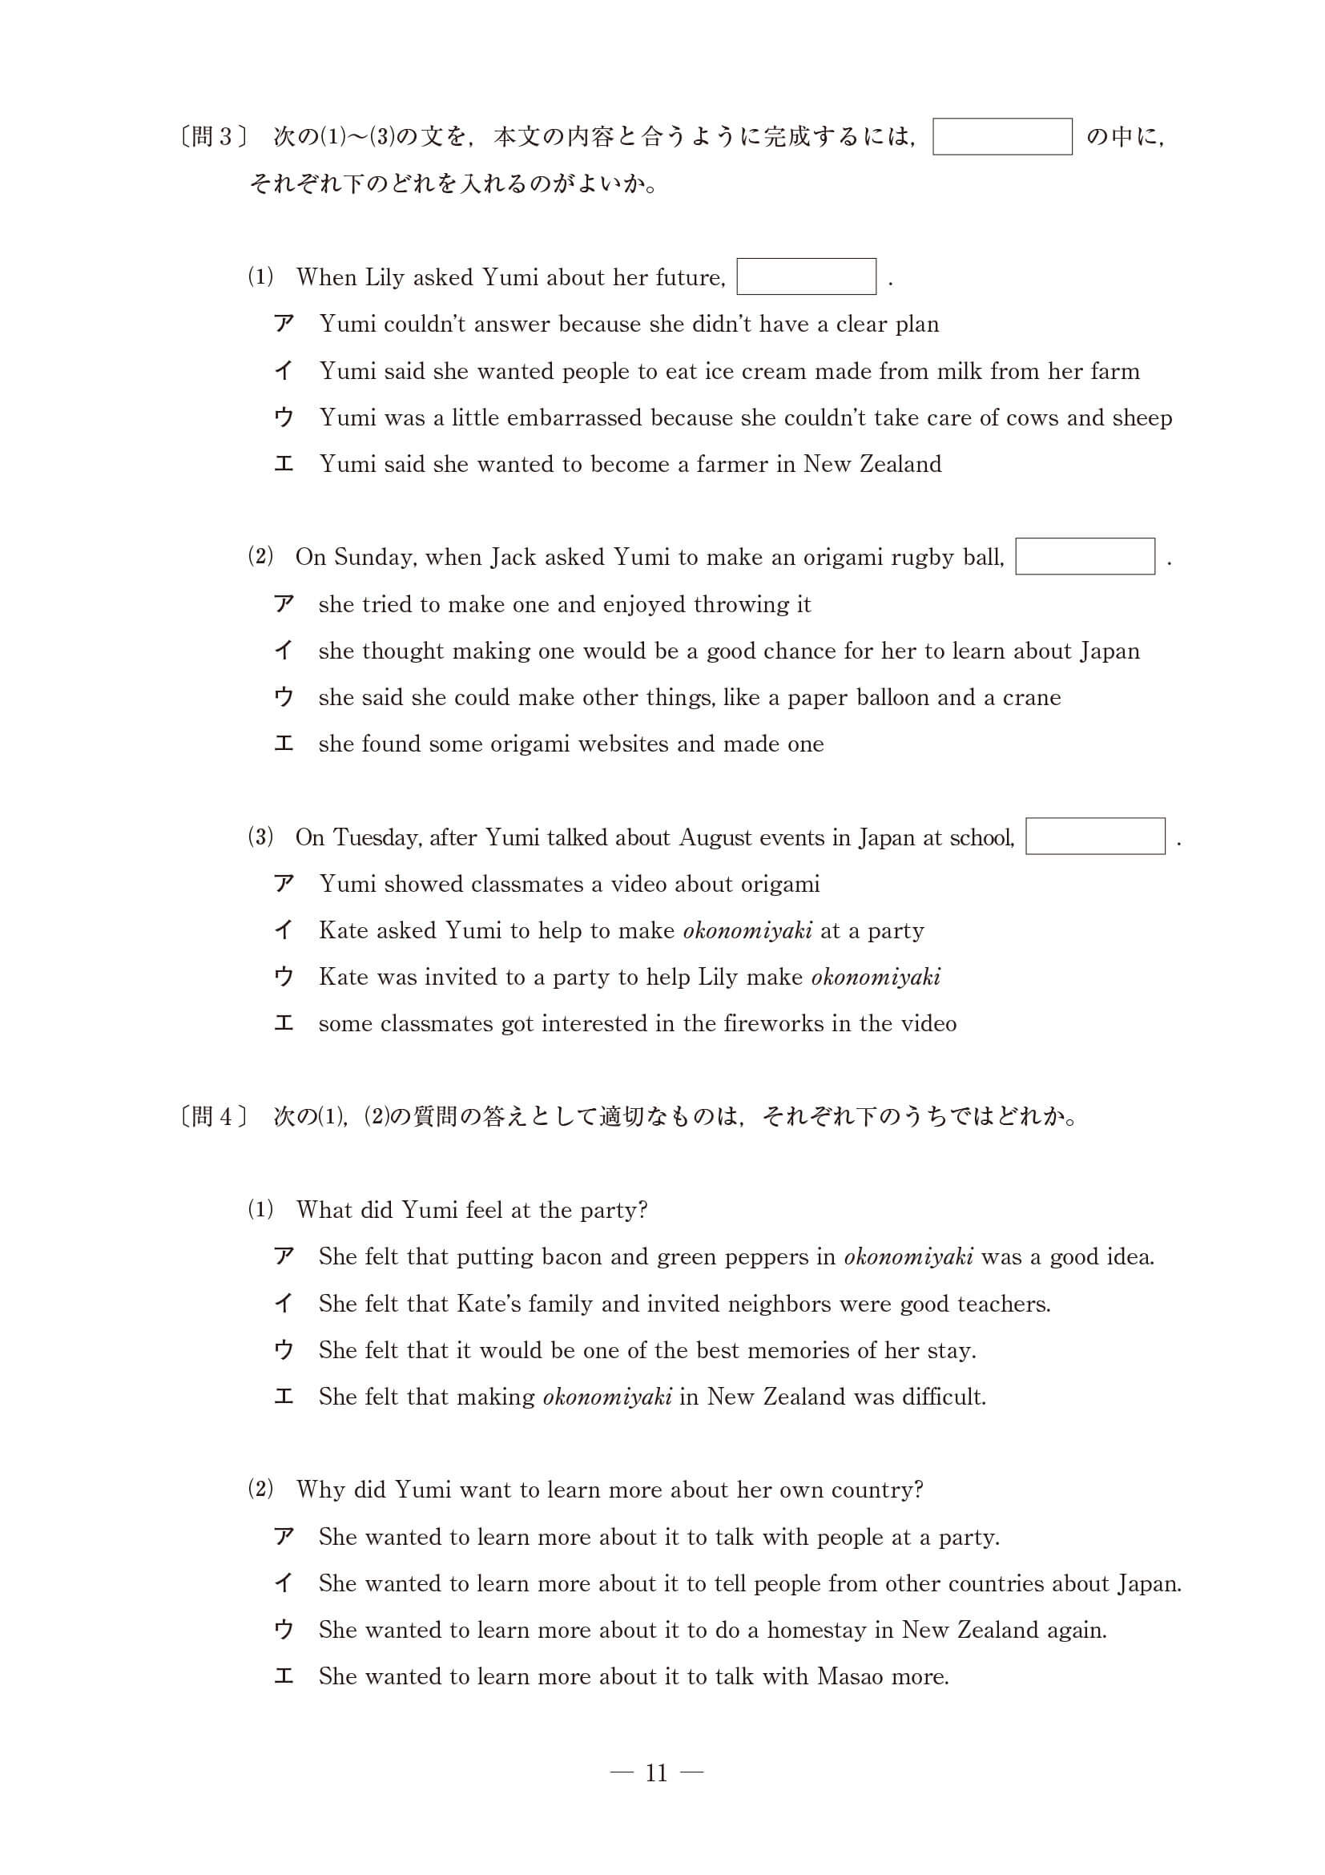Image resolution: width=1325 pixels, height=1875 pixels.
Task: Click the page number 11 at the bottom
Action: point(656,1773)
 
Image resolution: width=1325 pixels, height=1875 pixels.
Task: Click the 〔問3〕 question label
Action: point(212,136)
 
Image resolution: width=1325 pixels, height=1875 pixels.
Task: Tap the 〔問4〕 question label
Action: point(212,1116)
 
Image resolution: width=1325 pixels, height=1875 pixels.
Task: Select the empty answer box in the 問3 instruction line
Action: point(1001,136)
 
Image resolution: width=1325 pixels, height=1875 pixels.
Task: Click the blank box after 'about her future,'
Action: point(806,276)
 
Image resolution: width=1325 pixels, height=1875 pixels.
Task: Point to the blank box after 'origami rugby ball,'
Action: point(1084,556)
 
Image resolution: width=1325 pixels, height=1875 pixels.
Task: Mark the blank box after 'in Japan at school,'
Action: point(1095,837)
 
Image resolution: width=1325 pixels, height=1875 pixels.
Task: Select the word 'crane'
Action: point(1031,697)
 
